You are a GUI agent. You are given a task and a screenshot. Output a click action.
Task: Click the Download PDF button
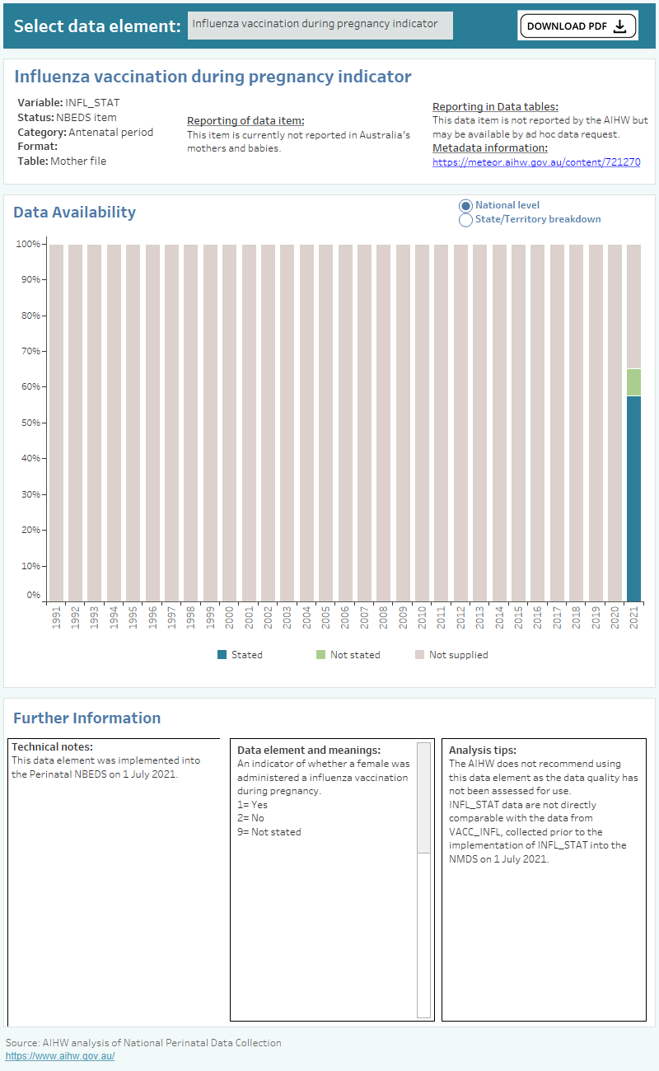577,26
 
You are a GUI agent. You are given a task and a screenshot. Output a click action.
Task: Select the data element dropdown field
320,25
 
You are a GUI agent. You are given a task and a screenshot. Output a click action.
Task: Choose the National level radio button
466,205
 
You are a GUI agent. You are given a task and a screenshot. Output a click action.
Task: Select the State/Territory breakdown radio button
466,220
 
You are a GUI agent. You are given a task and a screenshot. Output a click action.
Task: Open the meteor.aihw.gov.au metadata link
536,162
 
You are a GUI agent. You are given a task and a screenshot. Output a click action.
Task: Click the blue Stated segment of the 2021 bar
633,498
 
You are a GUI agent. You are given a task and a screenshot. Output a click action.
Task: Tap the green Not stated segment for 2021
633,382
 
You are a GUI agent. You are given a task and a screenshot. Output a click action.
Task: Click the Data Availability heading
74,212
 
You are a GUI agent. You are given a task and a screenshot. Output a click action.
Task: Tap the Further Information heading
86,718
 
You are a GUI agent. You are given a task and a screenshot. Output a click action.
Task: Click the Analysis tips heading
482,751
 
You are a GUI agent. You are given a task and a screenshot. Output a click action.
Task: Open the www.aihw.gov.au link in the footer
60,1056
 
